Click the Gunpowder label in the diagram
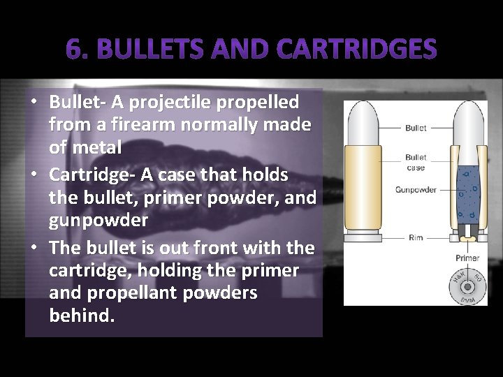point(416,190)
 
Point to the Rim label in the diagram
point(416,237)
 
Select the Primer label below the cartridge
point(467,258)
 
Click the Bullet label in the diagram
point(416,128)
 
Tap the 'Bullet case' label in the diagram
point(416,163)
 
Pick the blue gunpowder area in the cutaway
point(467,192)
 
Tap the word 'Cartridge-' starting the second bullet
point(91,175)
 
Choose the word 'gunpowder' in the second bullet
point(99,220)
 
